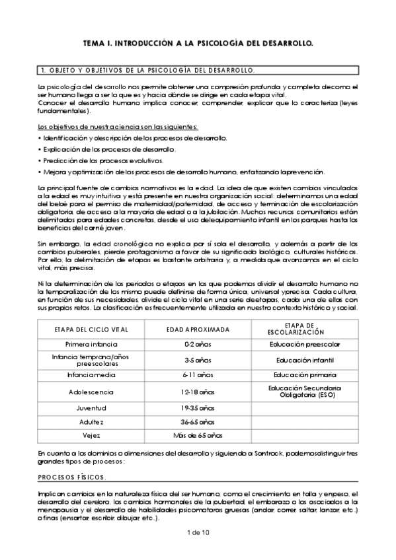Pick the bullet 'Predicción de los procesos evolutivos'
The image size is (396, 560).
tap(102, 160)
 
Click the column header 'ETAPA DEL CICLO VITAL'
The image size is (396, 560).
tap(91, 328)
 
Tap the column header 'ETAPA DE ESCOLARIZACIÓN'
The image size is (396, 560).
tap(305, 328)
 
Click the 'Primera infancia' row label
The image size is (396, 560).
tap(91, 344)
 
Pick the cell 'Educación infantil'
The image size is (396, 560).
tap(305, 360)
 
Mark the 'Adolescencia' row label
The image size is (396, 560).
tap(91, 392)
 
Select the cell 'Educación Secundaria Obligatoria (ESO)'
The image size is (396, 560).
tap(305, 392)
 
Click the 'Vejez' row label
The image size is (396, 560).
tap(91, 435)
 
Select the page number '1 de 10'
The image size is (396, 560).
tap(198, 532)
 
